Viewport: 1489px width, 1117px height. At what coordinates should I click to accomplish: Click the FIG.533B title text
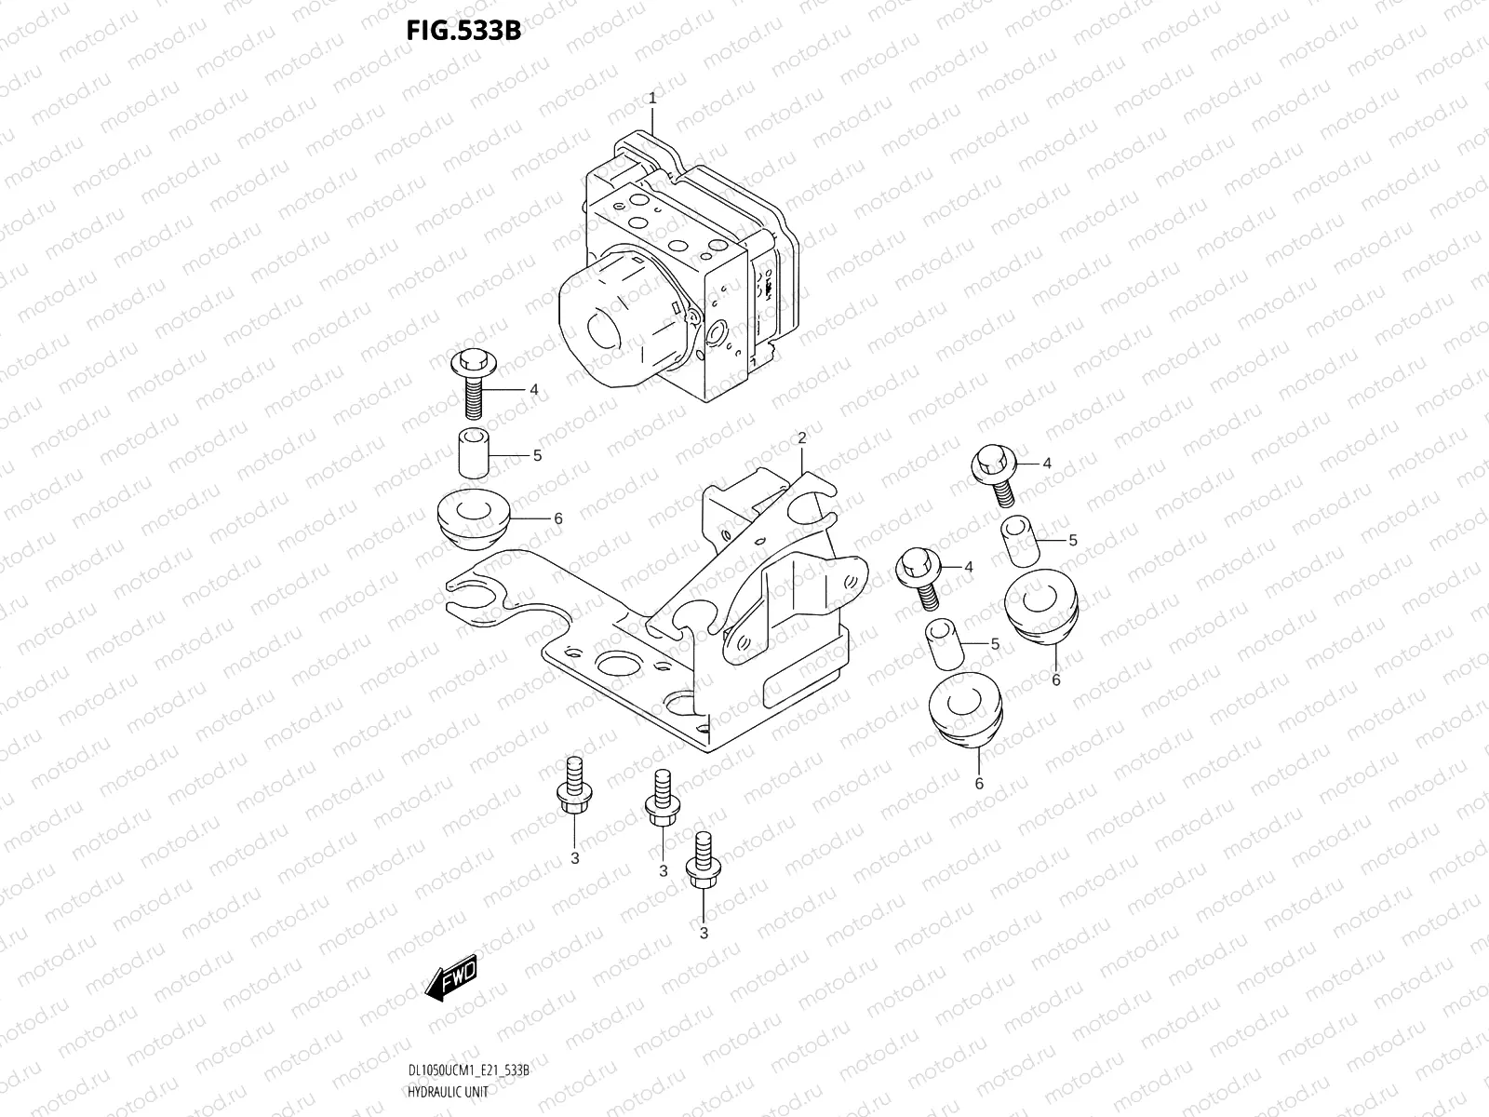[463, 31]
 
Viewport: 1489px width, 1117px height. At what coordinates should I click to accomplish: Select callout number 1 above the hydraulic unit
[652, 98]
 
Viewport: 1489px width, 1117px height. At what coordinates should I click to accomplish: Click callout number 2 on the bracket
[800, 437]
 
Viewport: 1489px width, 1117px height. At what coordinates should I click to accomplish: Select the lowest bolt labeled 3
[701, 865]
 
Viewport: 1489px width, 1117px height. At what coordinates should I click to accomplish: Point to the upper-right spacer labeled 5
[1019, 541]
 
